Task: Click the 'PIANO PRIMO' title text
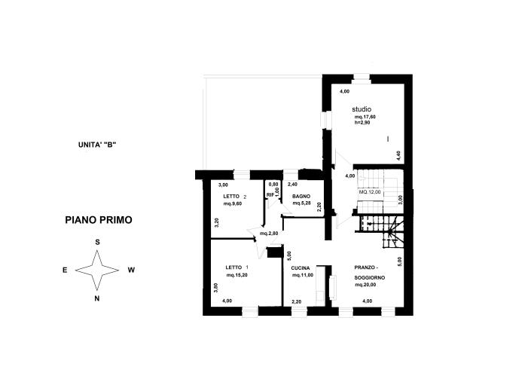click(x=99, y=221)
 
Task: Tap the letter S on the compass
click(x=98, y=242)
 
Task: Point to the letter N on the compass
click(x=98, y=298)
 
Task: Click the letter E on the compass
click(x=65, y=270)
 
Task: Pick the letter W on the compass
click(x=131, y=270)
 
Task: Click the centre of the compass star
click(x=98, y=270)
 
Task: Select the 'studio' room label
click(x=361, y=109)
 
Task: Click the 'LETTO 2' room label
click(x=235, y=197)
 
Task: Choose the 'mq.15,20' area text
click(x=238, y=275)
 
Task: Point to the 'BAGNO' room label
click(x=301, y=197)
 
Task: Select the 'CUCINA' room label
click(x=302, y=267)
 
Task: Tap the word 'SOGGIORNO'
click(x=371, y=277)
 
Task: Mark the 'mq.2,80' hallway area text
click(x=269, y=234)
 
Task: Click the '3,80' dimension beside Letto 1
click(x=216, y=286)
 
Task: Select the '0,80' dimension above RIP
click(x=273, y=185)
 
